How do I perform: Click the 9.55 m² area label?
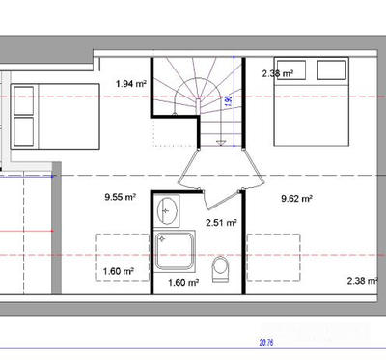(x=120, y=199)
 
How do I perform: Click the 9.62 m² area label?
(x=295, y=199)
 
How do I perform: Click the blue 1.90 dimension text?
(x=228, y=98)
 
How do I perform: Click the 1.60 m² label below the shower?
(x=182, y=283)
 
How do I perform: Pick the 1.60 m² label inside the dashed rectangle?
(x=117, y=271)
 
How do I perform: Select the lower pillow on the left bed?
(x=24, y=130)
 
